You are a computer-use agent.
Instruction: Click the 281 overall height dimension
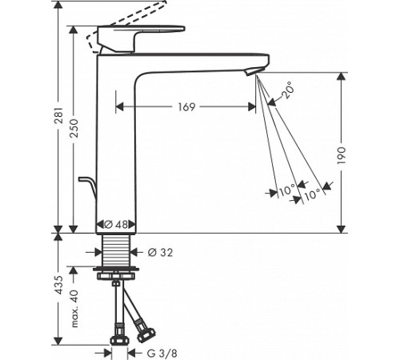pos(58,115)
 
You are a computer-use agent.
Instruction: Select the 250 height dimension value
pos(74,128)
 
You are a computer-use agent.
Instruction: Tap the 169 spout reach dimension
pos(186,107)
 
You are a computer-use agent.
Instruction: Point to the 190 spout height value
pos(342,155)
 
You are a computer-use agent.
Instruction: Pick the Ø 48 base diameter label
pos(116,225)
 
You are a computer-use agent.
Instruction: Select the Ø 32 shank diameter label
pos(160,252)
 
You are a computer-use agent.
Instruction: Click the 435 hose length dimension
pos(58,285)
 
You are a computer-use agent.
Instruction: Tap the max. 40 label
pos(74,309)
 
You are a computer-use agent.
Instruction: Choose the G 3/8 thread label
pos(162,354)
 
